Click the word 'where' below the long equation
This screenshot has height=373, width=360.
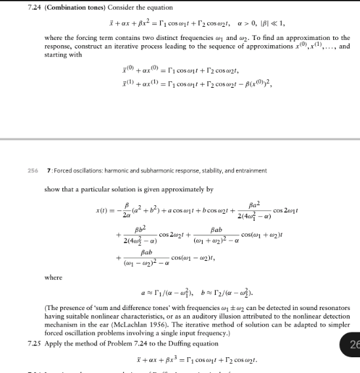pyautogui.click(x=53, y=277)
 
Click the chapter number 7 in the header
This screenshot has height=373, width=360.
pyautogui.click(x=47, y=170)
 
